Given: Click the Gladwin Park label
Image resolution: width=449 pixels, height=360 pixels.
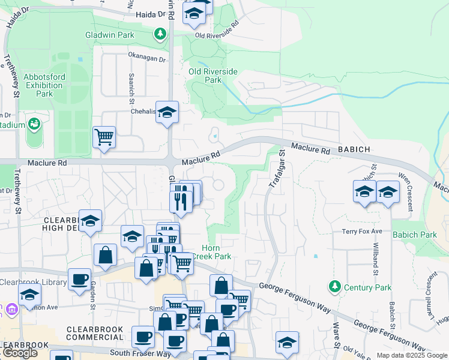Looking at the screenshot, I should tap(126, 35).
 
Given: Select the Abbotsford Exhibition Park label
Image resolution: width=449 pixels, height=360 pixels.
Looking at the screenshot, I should tap(44, 85).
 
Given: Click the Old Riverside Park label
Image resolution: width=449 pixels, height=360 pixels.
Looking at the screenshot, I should tap(213, 76).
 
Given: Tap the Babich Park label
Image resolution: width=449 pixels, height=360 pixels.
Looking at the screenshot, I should tap(415, 235).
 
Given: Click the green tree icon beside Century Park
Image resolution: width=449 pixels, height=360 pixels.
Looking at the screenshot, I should tap(334, 287).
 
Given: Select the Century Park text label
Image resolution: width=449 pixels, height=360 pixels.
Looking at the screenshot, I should tap(367, 287).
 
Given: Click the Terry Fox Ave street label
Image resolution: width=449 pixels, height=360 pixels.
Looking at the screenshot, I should tap(362, 231).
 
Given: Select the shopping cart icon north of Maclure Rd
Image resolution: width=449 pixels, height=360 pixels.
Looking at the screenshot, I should tap(104, 137).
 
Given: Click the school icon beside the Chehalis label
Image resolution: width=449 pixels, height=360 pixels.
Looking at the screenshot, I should tap(167, 112).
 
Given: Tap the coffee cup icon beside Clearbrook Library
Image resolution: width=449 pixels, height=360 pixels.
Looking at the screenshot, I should tap(79, 279).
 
